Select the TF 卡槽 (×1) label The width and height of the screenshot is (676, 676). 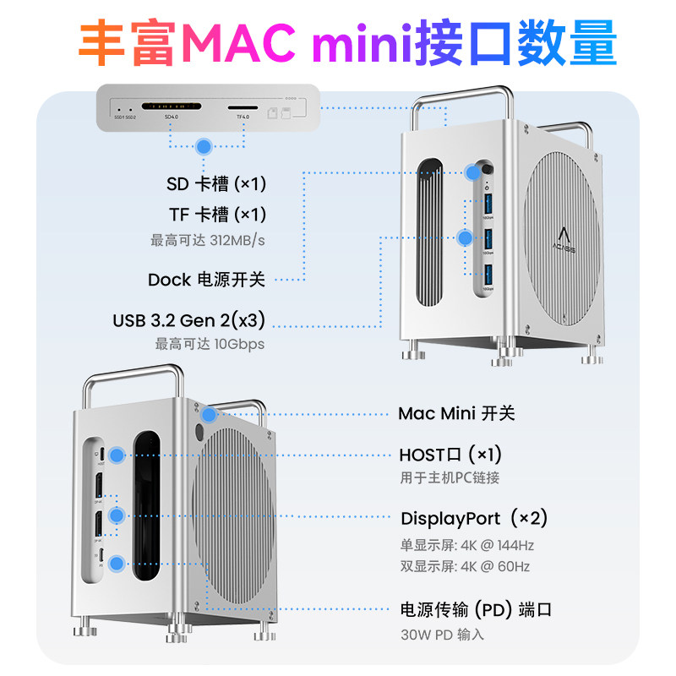tap(217, 214)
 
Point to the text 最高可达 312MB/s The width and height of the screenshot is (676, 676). tap(208, 241)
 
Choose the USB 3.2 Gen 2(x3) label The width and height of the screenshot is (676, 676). tap(189, 320)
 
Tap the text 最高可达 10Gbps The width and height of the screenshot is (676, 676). tap(210, 344)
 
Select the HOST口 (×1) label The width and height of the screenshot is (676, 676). tap(456, 455)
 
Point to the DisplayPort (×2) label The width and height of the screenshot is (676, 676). tap(474, 518)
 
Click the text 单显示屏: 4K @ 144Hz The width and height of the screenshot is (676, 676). tap(466, 545)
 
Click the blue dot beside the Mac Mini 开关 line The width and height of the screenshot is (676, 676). tap(209, 414)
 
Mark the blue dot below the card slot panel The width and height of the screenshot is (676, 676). tap(203, 146)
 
